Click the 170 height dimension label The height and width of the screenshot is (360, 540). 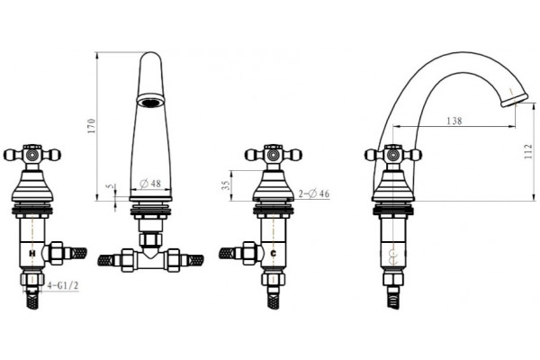click(x=91, y=126)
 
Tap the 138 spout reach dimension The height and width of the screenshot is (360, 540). click(x=454, y=121)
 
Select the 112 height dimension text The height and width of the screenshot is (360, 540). click(x=528, y=151)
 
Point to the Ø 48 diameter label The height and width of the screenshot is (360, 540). click(x=150, y=184)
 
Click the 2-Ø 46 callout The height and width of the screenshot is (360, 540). click(x=314, y=194)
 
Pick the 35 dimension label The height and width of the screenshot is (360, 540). click(x=226, y=185)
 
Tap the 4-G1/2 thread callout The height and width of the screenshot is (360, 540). click(x=63, y=285)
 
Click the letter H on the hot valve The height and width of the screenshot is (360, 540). click(x=32, y=254)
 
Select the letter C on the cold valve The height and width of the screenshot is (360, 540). click(x=274, y=254)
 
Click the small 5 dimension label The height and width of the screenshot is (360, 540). click(x=110, y=186)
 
